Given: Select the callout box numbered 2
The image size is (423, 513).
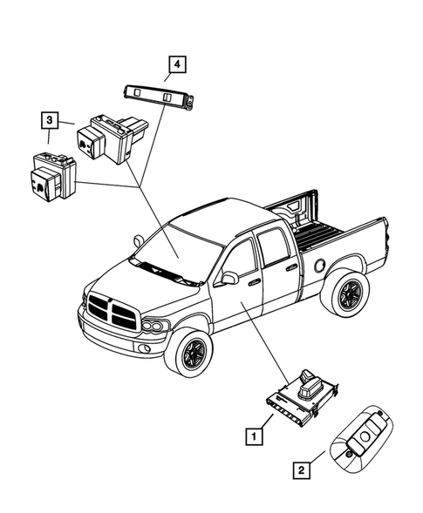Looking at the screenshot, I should (301, 471).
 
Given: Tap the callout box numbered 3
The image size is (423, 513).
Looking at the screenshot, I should (51, 118).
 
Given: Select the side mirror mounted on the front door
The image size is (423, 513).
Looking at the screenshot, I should (230, 278).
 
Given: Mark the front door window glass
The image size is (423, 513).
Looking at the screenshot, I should (242, 257).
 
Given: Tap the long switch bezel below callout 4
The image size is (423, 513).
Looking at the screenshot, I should (157, 97).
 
